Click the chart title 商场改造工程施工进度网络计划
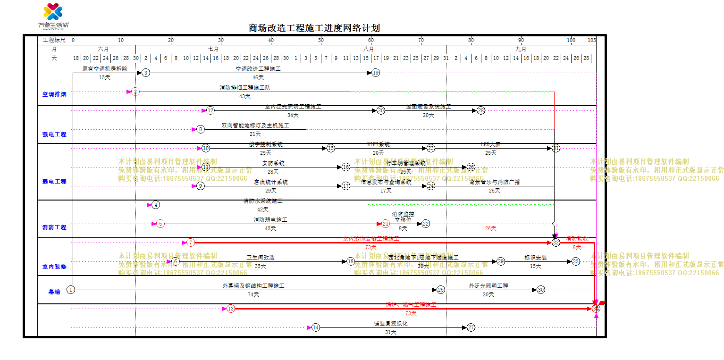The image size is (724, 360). pyautogui.click(x=314, y=28)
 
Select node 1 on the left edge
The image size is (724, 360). pyautogui.click(x=71, y=290)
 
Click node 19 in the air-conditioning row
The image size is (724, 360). pyautogui.click(x=375, y=73)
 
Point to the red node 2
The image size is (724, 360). pyautogui.click(x=135, y=92)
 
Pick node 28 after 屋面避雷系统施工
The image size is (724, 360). pyautogui.click(x=480, y=110)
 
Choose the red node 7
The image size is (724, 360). pyautogui.click(x=190, y=243)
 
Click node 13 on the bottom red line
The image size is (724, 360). pyautogui.click(x=230, y=309)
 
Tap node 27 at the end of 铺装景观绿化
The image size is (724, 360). pyautogui.click(x=471, y=327)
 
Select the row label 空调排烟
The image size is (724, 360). pyautogui.click(x=54, y=94)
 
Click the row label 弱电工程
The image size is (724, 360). pyautogui.click(x=54, y=181)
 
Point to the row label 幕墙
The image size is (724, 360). pyautogui.click(x=54, y=292)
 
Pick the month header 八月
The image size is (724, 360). pyautogui.click(x=369, y=49)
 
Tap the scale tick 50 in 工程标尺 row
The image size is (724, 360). pyautogui.click(x=321, y=40)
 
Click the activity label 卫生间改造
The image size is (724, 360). pyautogui.click(x=261, y=258)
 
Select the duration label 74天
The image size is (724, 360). pyautogui.click(x=253, y=295)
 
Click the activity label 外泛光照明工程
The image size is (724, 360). pyautogui.click(x=488, y=286)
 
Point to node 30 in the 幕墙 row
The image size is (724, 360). pyautogui.click(x=540, y=290)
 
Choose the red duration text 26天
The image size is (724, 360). pyautogui.click(x=490, y=228)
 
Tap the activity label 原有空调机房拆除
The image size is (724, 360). pyautogui.click(x=105, y=69)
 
